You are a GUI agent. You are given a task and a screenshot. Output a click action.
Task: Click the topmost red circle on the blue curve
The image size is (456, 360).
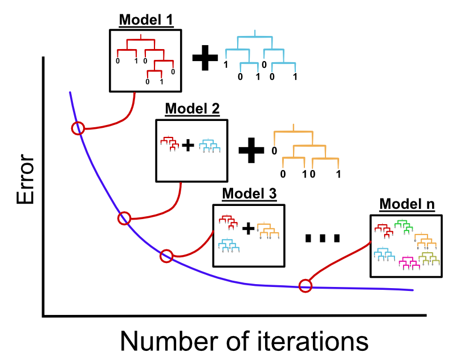[78, 128]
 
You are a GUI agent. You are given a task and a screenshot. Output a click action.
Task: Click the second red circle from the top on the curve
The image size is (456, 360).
[124, 218]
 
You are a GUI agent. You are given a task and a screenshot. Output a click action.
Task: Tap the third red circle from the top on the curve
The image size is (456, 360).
[166, 256]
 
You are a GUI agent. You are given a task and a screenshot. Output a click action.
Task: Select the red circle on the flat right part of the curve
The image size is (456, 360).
[306, 286]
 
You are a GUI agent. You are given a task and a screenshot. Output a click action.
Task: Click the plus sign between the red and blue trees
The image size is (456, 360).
[188, 145]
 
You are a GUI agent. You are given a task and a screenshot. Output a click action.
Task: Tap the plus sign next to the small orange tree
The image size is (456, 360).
[248, 229]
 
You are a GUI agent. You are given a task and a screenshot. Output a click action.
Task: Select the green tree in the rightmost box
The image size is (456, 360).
[404, 226]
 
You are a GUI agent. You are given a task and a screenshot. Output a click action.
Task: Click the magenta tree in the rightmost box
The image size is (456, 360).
[409, 263]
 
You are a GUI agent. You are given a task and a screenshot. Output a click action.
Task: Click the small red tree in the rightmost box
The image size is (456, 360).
[384, 230]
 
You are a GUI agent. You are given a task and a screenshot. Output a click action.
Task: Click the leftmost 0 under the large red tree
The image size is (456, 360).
[118, 61]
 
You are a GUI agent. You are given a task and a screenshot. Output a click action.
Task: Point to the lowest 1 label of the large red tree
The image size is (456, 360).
[161, 82]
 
